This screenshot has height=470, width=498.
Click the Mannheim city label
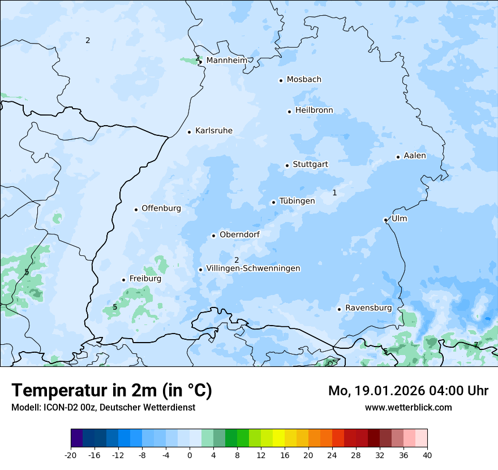226,60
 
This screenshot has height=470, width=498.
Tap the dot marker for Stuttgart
287,165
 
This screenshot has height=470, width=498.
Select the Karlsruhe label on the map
213,131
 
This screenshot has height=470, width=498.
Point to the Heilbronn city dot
289,112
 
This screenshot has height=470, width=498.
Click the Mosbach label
304,80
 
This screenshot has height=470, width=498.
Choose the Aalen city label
415,156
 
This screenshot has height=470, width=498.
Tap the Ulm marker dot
385,220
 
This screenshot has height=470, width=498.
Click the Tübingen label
297,201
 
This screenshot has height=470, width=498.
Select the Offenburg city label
161,208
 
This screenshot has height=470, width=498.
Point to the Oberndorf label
239,234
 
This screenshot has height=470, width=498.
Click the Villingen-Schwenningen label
253,268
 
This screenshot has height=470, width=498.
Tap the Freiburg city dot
123,280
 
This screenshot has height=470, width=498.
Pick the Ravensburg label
368,308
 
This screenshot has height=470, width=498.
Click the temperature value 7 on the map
476,344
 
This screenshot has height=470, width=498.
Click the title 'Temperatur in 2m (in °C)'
111,391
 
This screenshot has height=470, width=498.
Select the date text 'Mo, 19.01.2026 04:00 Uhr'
408,391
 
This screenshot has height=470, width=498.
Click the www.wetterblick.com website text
408,407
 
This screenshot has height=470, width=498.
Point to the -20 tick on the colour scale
71,455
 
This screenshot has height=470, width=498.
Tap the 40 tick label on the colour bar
427,455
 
